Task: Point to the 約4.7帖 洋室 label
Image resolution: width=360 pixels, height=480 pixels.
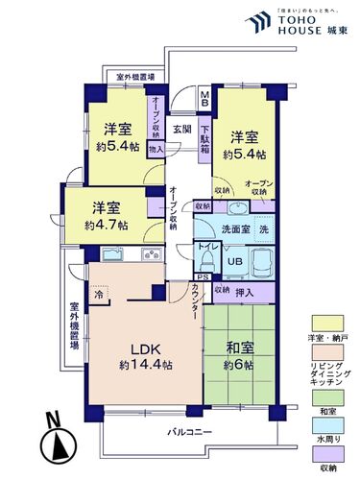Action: [x=105, y=217]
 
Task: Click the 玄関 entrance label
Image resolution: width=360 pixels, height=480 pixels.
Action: [x=181, y=127]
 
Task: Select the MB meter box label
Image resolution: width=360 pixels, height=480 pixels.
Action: [x=204, y=97]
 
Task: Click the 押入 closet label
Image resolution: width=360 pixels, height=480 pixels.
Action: [x=245, y=291]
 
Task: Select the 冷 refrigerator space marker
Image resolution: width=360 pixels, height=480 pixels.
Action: [x=98, y=296]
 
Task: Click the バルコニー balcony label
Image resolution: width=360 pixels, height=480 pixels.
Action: [x=180, y=433]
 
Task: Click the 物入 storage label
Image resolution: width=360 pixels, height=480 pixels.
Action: [x=156, y=149]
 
